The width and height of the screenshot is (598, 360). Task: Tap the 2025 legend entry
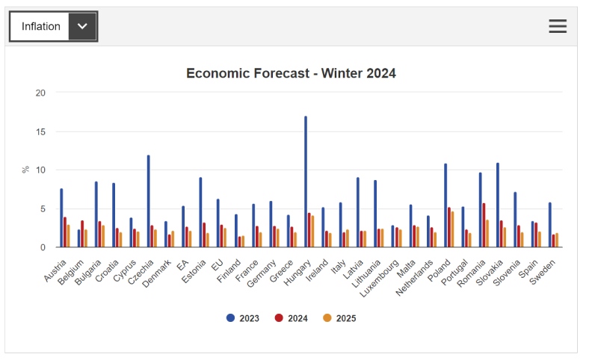[340, 318]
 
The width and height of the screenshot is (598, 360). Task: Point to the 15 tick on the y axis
[41, 131]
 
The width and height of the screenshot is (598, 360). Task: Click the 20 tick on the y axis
[41, 93]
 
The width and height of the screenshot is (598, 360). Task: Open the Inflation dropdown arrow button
[82, 26]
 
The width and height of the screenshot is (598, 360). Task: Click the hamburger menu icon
[558, 26]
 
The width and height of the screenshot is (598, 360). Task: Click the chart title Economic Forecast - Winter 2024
[291, 73]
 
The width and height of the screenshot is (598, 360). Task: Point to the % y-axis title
[26, 170]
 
